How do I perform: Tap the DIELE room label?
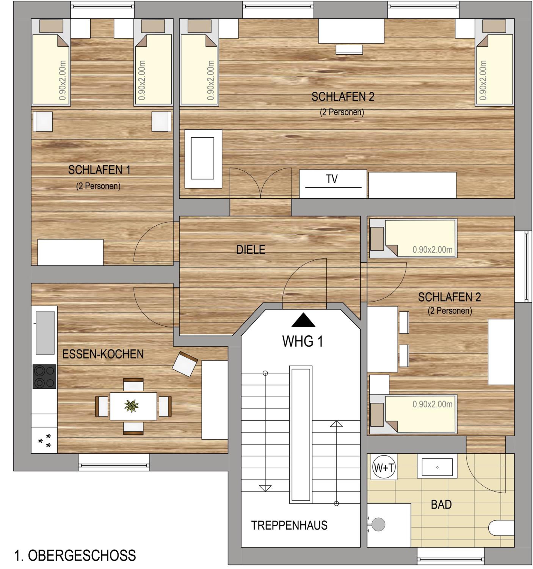(x=251, y=250)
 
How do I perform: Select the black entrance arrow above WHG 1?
(x=303, y=320)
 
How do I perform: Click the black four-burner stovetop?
(x=44, y=376)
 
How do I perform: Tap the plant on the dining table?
(x=131, y=406)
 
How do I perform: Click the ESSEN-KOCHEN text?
(x=103, y=354)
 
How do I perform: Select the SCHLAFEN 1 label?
(x=99, y=170)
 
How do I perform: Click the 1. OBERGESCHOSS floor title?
(x=75, y=555)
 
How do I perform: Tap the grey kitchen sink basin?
(x=45, y=333)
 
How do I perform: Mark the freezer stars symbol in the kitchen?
(x=45, y=441)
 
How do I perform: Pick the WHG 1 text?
(x=303, y=341)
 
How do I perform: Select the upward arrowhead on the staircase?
(x=336, y=424)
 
